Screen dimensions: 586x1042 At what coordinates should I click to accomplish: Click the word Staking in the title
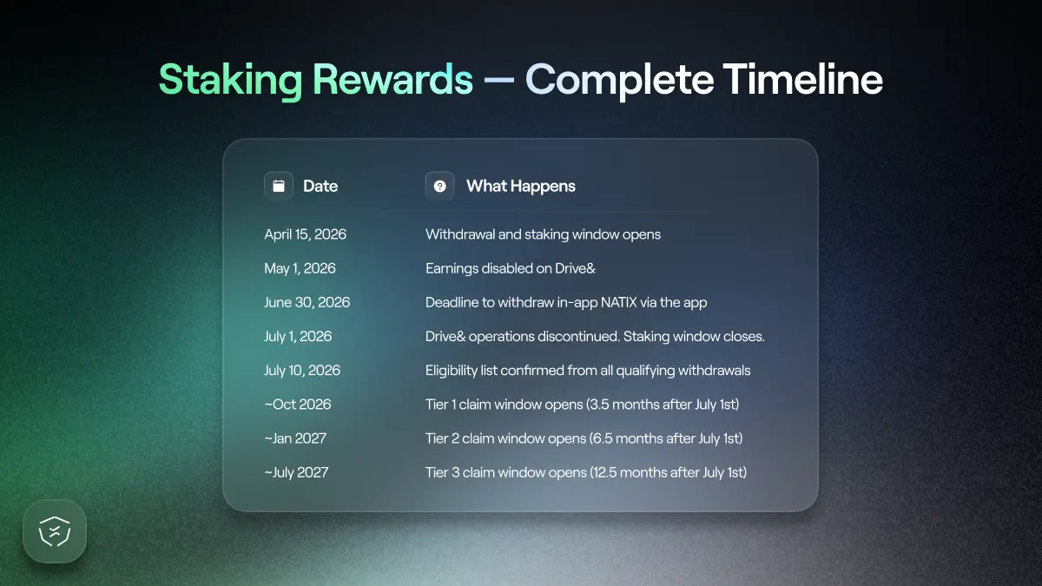pos(230,80)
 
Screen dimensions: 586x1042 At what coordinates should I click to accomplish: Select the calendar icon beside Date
pos(279,186)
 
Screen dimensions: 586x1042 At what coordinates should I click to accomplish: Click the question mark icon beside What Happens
pos(440,186)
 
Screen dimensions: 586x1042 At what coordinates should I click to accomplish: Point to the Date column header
pos(320,186)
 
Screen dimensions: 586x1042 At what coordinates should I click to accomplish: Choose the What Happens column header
pos(520,186)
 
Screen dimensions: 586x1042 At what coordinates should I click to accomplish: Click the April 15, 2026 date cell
pos(305,234)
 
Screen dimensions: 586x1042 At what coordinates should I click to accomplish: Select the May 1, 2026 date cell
pos(300,268)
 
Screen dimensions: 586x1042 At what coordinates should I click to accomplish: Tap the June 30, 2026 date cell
pos(307,302)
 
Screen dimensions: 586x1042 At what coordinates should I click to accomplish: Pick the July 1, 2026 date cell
pos(298,336)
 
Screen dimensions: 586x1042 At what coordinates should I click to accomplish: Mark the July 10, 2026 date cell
pos(302,370)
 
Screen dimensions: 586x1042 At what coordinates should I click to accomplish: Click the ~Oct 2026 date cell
pos(298,404)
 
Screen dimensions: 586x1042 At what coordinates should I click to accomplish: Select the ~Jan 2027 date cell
pos(295,438)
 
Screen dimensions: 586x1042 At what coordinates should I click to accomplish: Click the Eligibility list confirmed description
pos(588,370)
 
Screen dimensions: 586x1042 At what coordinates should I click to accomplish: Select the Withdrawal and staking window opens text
pos(543,234)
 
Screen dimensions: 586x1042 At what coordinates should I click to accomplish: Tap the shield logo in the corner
pos(55,531)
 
